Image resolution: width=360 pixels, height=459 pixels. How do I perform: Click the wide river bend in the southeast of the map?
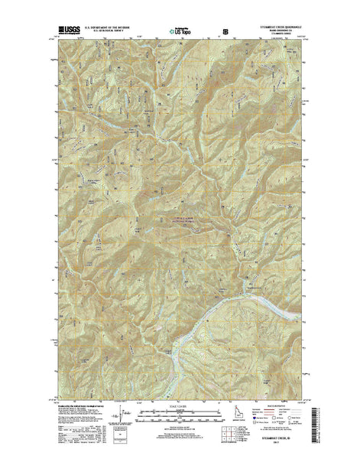[222, 295]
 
